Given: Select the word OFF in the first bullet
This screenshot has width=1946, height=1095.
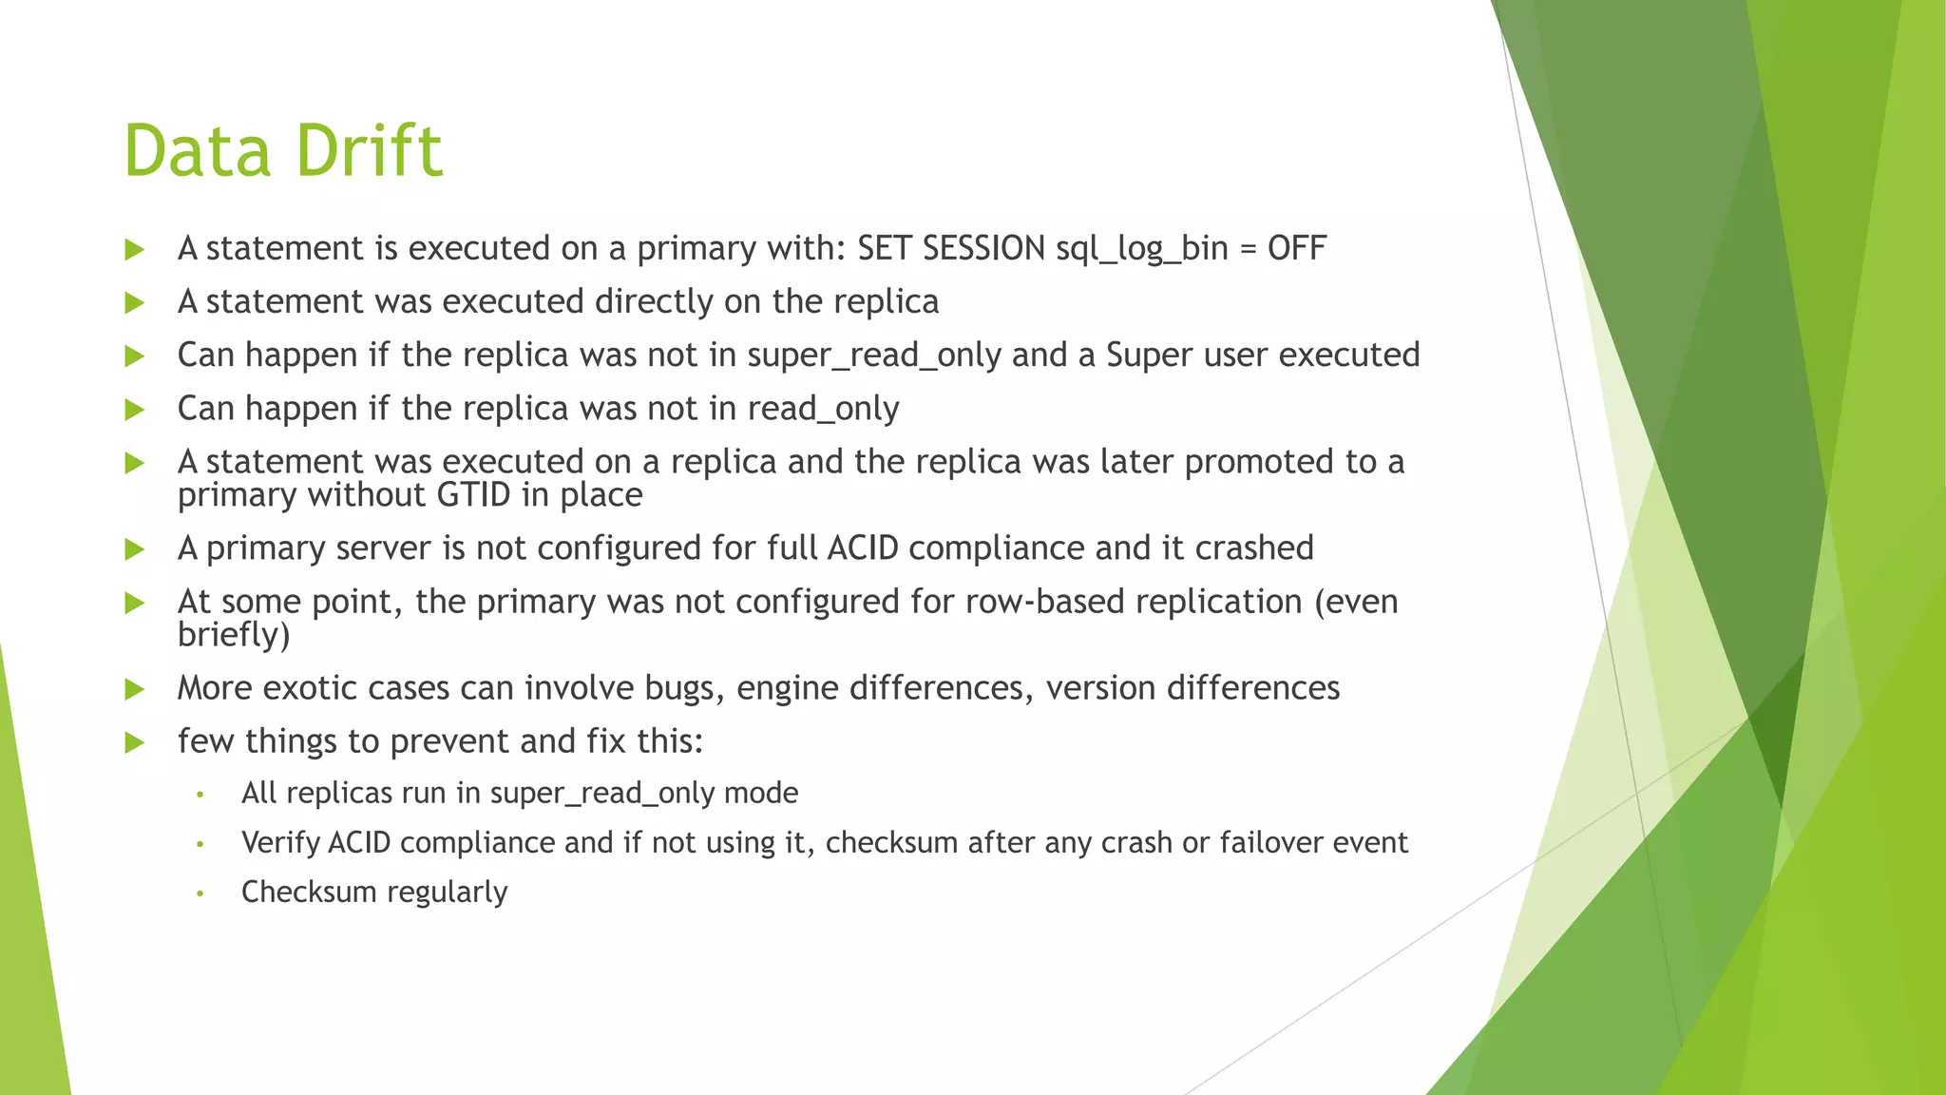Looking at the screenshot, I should point(1296,248).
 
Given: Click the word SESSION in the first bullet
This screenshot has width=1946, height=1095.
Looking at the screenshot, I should point(983,248).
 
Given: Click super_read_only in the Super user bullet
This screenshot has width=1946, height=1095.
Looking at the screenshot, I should point(874,355).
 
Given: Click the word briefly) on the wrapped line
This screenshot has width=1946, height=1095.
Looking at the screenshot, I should point(234,635).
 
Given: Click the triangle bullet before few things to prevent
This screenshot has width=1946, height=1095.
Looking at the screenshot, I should point(135,742).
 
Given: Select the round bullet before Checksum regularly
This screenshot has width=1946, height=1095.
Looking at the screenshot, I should point(200,893).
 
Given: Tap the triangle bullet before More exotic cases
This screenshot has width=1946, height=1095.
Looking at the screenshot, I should point(135,689).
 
